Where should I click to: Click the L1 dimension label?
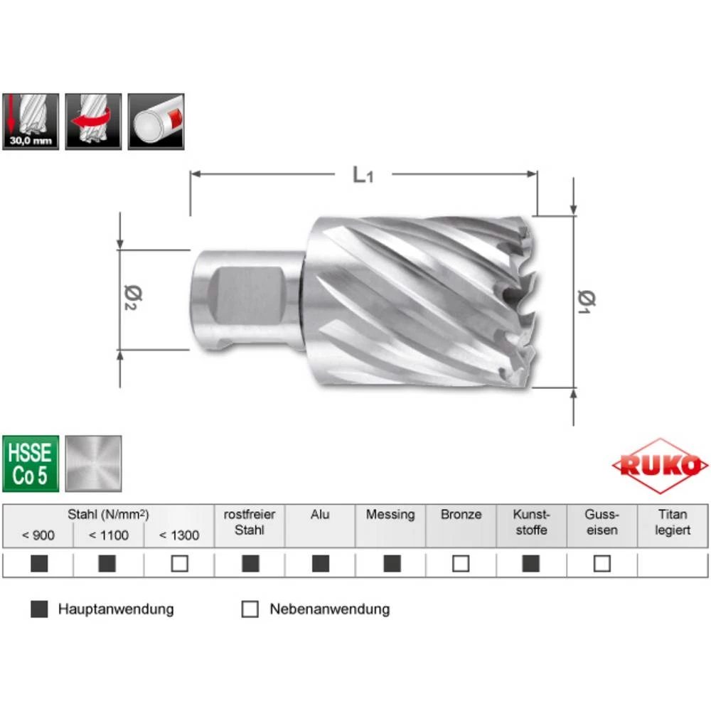[363, 175]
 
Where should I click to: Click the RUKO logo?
[661, 466]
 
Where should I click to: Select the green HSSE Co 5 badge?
[30, 463]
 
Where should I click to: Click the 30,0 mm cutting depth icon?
[30, 122]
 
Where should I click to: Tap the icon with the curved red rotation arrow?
[93, 122]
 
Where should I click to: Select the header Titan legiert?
[673, 523]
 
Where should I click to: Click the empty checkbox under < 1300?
[179, 564]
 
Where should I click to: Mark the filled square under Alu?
[321, 564]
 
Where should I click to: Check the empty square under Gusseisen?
[602, 564]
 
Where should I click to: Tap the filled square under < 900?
[39, 564]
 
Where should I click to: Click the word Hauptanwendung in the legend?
[116, 609]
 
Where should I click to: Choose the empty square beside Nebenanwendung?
[250, 609]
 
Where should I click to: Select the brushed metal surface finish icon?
[93, 463]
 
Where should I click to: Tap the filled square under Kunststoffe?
[531, 564]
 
